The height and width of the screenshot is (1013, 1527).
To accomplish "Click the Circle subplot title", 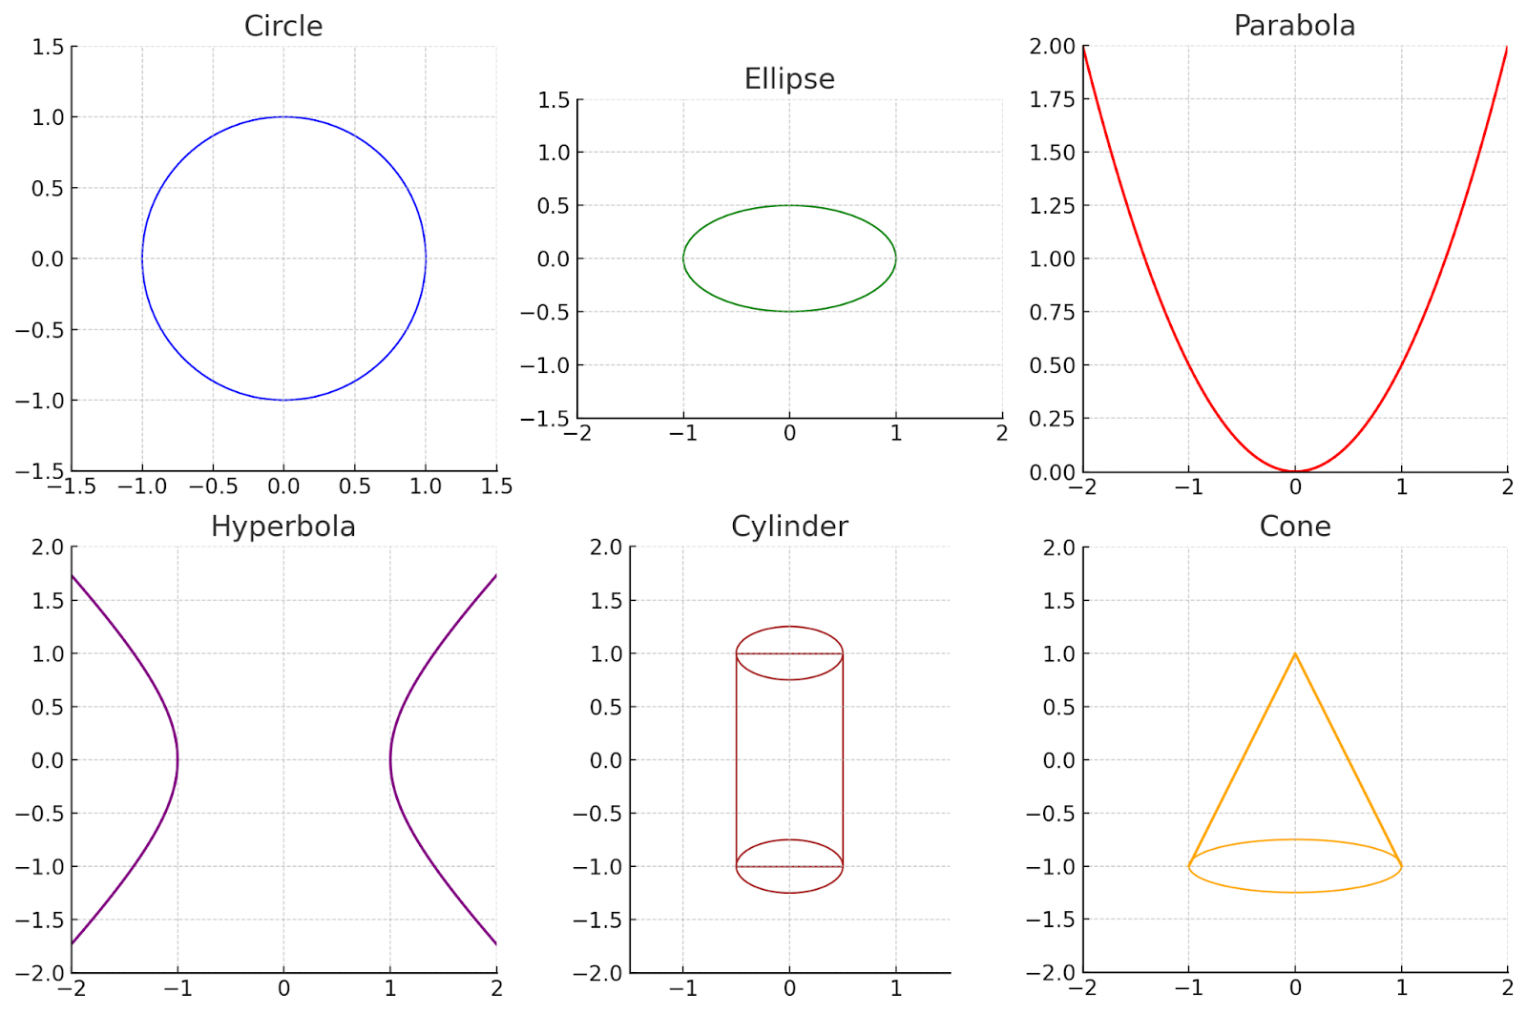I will click(x=283, y=26).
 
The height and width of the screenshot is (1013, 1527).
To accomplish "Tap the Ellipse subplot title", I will click(x=789, y=78).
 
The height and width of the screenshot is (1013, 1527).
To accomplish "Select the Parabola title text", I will click(x=1294, y=26).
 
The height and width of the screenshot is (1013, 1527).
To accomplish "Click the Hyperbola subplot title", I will click(x=283, y=527).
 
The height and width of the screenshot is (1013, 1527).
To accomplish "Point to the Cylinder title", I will click(x=789, y=527).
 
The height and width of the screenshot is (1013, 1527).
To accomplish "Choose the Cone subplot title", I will click(x=1294, y=527).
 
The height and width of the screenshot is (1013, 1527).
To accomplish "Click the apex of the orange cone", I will click(x=1295, y=653).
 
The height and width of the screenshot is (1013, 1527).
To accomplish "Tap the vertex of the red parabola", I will click(x=1295, y=471).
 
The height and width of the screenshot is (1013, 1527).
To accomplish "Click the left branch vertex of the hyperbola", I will click(x=178, y=760).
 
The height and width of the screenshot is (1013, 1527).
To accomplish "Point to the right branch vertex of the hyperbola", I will click(x=390, y=760).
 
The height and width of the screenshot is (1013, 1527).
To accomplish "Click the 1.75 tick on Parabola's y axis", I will click(x=1052, y=99).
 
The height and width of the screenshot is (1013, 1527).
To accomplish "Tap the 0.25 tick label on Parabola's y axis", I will click(x=1052, y=419).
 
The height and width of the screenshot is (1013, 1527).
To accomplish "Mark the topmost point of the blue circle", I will click(x=283, y=116).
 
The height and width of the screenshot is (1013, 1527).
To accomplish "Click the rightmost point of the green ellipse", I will click(x=896, y=258).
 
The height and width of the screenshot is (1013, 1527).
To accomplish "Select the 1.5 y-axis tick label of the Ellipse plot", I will click(x=554, y=100).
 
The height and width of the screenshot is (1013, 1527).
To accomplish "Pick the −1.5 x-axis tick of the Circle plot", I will click(x=73, y=486).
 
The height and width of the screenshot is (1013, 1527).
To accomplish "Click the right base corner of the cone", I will click(x=1401, y=866).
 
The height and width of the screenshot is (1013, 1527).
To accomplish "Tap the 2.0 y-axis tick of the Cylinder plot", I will click(x=605, y=548).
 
